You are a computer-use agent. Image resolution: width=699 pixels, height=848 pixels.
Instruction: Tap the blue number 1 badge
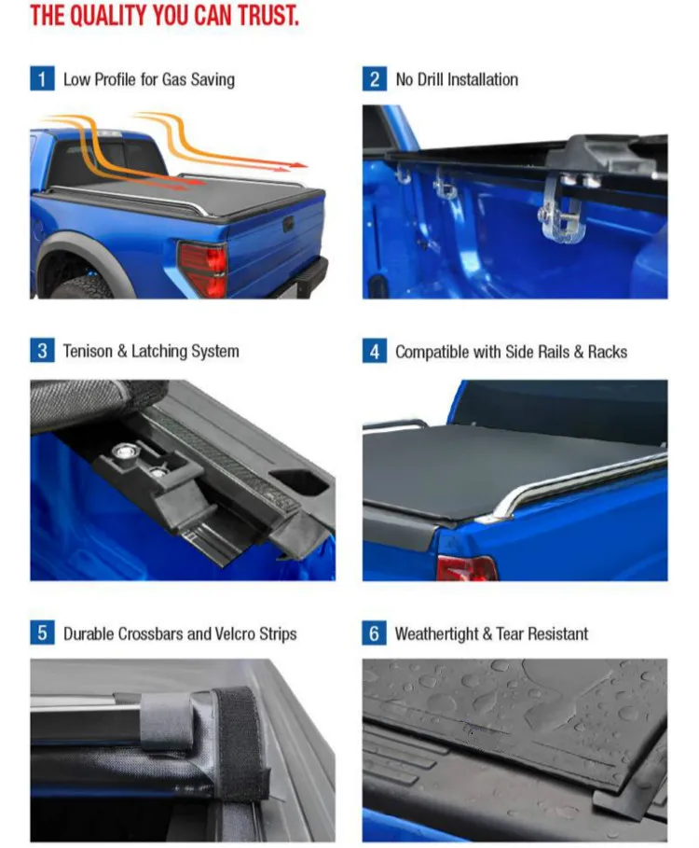coord(41,79)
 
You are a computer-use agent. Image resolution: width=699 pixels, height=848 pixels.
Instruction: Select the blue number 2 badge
coord(374,79)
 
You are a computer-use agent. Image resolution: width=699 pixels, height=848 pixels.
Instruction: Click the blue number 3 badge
coord(41,352)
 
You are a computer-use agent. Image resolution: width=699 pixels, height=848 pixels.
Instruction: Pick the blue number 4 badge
coord(374,352)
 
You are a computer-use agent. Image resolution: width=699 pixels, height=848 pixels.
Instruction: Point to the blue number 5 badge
coord(41,633)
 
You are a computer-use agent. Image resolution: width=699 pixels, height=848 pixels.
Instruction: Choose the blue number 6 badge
coord(374,633)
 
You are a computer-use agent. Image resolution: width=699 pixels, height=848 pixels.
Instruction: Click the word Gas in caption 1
coord(174,79)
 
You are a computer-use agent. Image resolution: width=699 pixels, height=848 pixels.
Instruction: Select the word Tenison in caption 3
coord(89,352)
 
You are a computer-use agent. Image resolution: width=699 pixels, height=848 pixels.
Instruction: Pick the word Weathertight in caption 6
coord(436,633)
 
